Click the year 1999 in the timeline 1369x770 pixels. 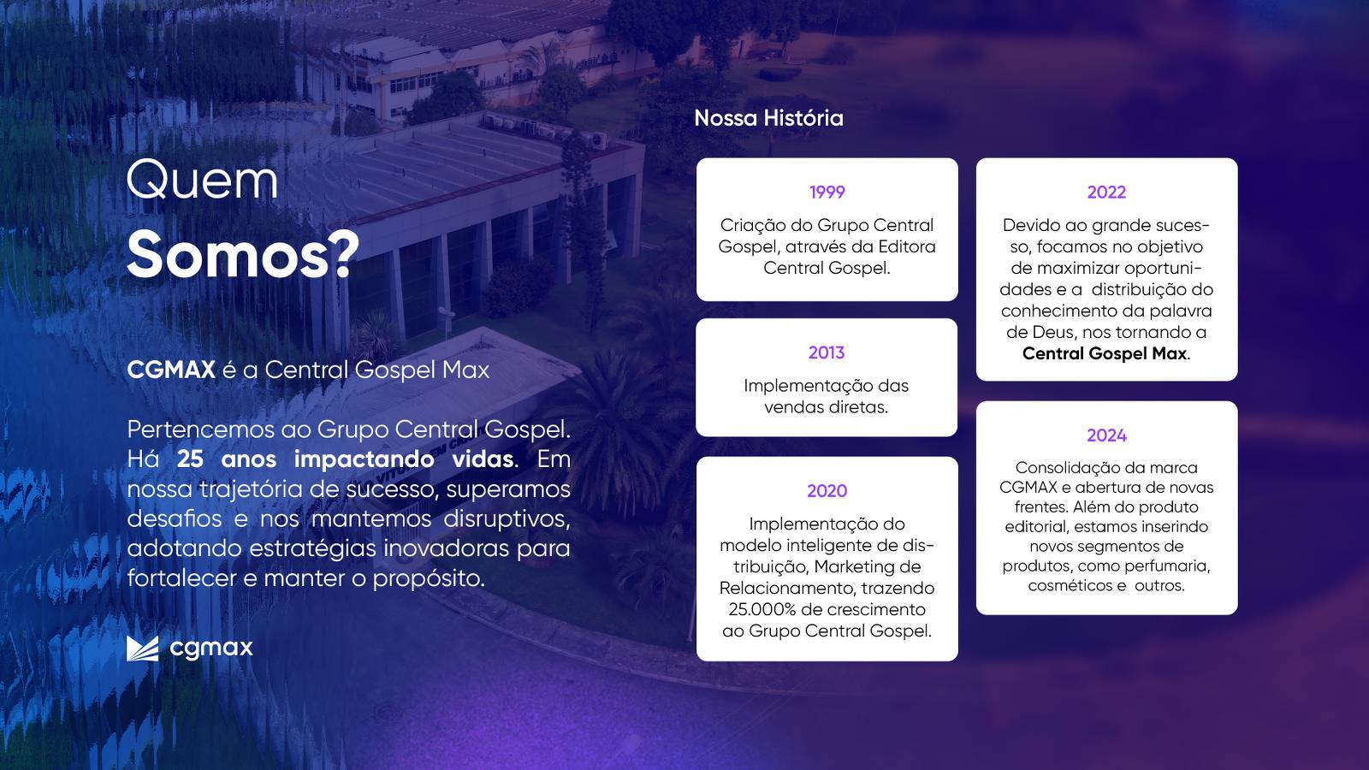827,192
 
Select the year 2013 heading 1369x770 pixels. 827,352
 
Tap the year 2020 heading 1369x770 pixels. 827,491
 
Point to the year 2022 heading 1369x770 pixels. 1106,192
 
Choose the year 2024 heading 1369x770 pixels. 1106,435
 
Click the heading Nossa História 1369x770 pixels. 769,118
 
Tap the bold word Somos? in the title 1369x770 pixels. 243,255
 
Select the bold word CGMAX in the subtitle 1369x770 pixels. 171,370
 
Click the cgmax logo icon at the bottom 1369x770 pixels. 142,649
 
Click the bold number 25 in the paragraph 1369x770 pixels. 190,459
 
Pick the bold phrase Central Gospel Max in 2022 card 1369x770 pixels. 1105,353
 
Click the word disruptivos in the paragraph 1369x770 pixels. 507,518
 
